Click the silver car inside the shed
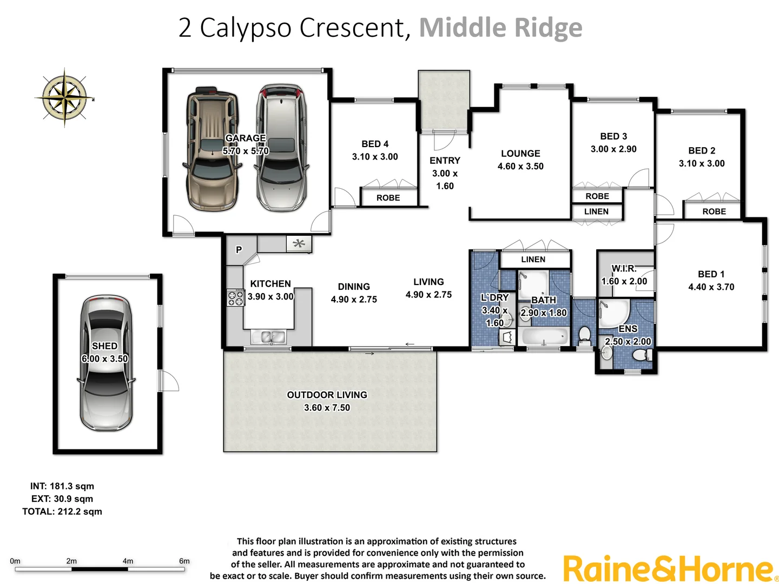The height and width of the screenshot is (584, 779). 105,363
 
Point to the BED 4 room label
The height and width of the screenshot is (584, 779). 375,144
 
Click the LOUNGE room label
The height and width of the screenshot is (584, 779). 520,154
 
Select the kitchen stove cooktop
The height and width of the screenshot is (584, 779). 235,298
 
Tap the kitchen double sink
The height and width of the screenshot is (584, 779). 269,337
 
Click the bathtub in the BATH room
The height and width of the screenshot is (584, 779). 544,337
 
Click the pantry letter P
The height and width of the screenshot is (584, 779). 239,250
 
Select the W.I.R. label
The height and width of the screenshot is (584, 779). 624,268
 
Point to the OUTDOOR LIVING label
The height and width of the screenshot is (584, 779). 327,395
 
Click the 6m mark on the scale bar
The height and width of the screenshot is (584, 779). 184,561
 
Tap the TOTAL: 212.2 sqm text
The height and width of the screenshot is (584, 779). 62,512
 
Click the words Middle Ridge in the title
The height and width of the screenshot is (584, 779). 500,28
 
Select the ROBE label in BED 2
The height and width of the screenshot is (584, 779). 714,211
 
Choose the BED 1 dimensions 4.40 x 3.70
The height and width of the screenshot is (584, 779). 711,287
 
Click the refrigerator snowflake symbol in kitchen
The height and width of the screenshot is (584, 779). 299,244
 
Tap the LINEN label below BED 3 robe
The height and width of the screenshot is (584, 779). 596,211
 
